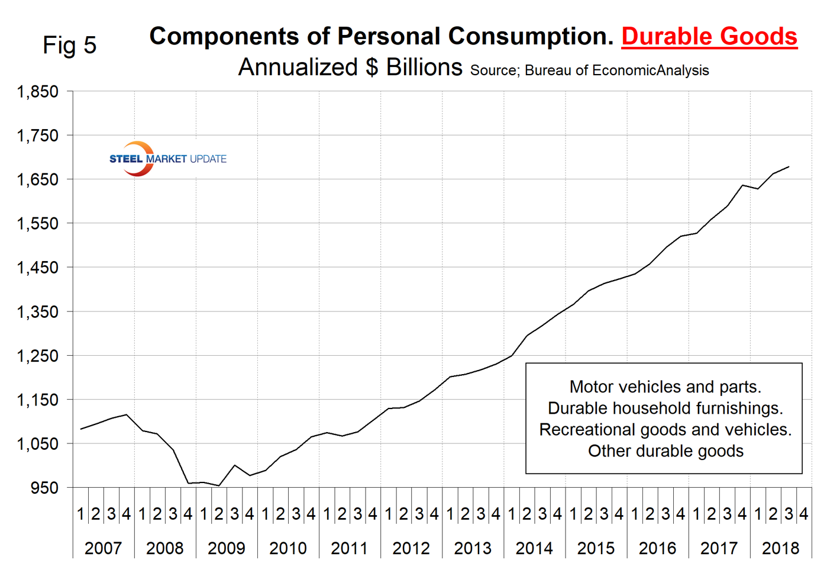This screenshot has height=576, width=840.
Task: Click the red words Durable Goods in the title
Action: (x=709, y=36)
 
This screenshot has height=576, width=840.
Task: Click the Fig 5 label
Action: (x=69, y=45)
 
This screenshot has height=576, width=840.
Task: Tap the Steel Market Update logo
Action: (x=167, y=159)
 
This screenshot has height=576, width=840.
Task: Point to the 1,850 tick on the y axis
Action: (x=38, y=92)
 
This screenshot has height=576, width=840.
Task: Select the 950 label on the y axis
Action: (x=45, y=488)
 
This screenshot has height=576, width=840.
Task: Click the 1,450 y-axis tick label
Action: (x=38, y=268)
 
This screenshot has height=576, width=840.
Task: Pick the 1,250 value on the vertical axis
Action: (x=38, y=356)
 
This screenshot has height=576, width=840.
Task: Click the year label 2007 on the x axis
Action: (x=103, y=548)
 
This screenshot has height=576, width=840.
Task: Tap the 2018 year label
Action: (x=780, y=548)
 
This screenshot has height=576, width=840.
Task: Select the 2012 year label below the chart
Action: (x=411, y=548)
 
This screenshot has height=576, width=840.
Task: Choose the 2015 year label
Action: (x=596, y=548)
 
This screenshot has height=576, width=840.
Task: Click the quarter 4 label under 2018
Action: (x=803, y=514)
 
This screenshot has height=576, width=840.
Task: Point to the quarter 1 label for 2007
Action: (x=80, y=514)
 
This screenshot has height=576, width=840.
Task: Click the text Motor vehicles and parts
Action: (x=665, y=387)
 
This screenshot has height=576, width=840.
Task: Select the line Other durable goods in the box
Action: (x=665, y=451)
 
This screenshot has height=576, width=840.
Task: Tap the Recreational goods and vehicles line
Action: (x=665, y=429)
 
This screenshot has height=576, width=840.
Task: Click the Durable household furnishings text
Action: (x=665, y=408)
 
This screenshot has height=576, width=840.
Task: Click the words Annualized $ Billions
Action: (x=350, y=67)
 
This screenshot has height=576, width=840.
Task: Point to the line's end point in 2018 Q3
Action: (x=789, y=167)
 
